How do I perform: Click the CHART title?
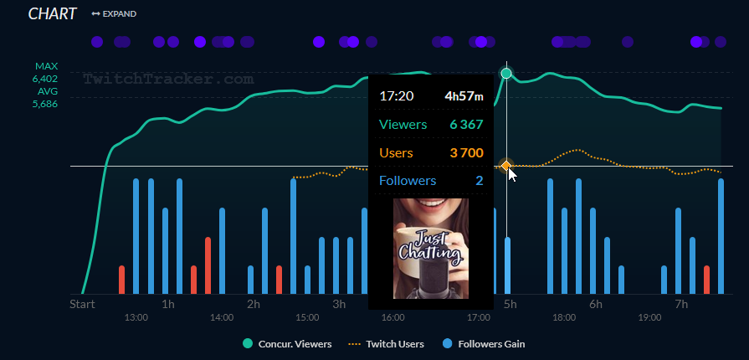coord(52,13)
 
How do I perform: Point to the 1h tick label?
coord(168,304)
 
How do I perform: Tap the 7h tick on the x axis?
coord(681,304)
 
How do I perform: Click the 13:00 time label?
coord(136,318)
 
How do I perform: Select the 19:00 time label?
coord(649,318)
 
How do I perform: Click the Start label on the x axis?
coord(82,304)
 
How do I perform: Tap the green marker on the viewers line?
coord(506,74)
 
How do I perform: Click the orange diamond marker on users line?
coord(505,167)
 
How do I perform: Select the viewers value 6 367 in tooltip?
coord(466,125)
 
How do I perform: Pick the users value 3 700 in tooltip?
coord(466,152)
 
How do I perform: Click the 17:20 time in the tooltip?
coord(397,96)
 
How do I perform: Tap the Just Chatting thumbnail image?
coord(430,249)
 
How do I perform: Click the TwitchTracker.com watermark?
coord(167,80)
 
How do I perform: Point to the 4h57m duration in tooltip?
coord(464,96)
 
